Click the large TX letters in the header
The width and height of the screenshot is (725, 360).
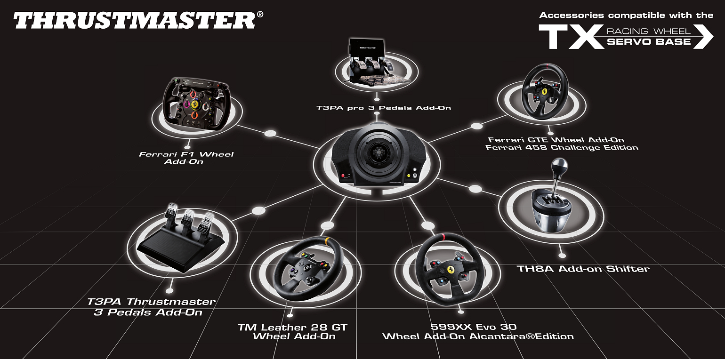[570, 37]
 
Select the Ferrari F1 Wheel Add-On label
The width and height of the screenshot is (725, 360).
[186, 158]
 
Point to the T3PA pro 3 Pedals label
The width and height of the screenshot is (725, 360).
[383, 108]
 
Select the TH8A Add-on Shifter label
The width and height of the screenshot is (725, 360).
[583, 269]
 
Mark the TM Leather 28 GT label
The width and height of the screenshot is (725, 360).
[292, 332]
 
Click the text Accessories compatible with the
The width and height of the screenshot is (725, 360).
[626, 16]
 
